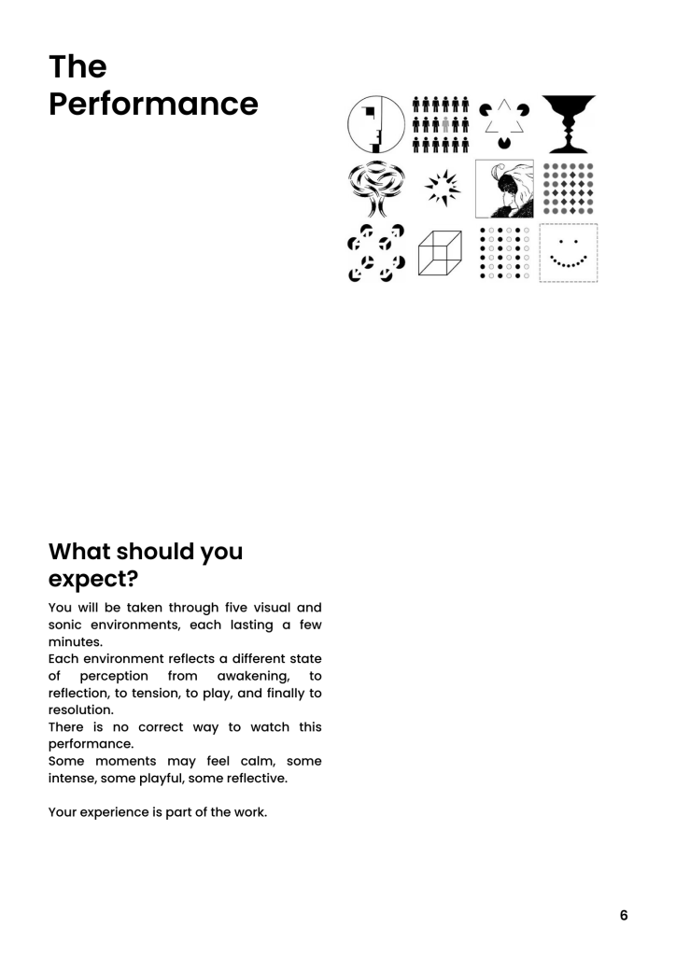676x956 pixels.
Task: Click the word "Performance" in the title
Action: click(153, 103)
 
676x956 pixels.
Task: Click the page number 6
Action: click(624, 916)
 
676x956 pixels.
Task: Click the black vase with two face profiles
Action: click(568, 124)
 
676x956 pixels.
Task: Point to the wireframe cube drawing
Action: click(440, 253)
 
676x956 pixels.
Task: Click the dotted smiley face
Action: click(569, 253)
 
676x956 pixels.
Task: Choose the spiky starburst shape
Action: click(441, 189)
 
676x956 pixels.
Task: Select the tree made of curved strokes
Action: click(375, 189)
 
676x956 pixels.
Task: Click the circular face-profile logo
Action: click(375, 125)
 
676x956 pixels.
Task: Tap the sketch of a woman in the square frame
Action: click(504, 189)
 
